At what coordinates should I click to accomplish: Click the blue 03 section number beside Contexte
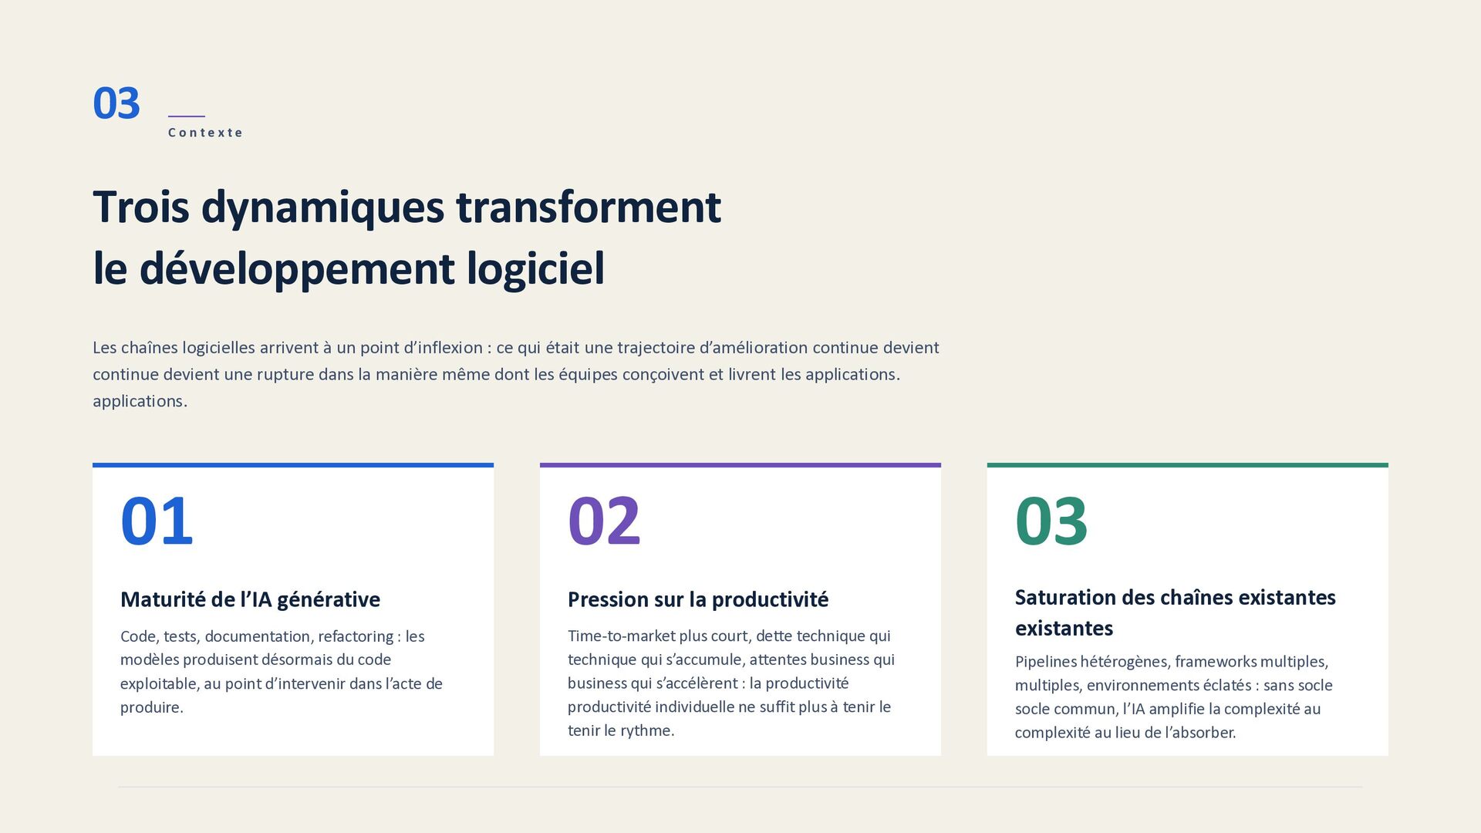pyautogui.click(x=116, y=103)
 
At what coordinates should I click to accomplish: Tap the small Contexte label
pyautogui.click(x=205, y=133)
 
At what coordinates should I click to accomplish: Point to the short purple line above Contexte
pyautogui.click(x=187, y=116)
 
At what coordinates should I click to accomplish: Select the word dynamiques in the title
pyautogui.click(x=322, y=208)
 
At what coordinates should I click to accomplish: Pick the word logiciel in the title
pyautogui.click(x=535, y=269)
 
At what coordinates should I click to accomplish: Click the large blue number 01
pyautogui.click(x=157, y=521)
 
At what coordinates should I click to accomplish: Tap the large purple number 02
pyautogui.click(x=604, y=521)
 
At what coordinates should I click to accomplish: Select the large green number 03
pyautogui.click(x=1051, y=521)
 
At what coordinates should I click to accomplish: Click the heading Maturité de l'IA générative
pyautogui.click(x=250, y=599)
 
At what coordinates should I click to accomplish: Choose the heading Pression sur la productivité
pyautogui.click(x=698, y=599)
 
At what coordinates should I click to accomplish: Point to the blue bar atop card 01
pyautogui.click(x=293, y=465)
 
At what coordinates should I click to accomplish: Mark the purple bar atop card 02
pyautogui.click(x=740, y=465)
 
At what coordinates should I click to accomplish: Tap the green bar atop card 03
pyautogui.click(x=1188, y=465)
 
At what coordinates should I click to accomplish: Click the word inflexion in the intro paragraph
pyautogui.click(x=450, y=348)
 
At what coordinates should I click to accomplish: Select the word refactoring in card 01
pyautogui.click(x=356, y=637)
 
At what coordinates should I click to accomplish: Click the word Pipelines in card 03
pyautogui.click(x=1044, y=662)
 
